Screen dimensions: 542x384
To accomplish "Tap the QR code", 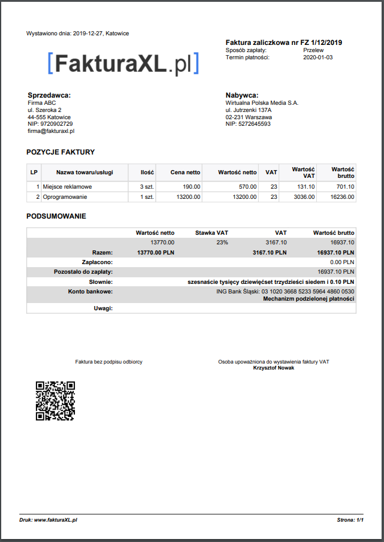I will point(55,401).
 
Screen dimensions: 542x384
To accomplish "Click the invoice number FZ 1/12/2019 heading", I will point(284,43).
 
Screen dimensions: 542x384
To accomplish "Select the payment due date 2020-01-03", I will point(318,57).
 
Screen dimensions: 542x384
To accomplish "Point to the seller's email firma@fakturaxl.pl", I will point(51,131).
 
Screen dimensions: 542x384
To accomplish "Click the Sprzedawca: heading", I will point(49,95).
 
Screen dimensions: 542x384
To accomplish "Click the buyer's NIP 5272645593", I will point(248,124).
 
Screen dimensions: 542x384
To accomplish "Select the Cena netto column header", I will point(185,172).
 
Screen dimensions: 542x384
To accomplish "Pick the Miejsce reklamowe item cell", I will point(67,187).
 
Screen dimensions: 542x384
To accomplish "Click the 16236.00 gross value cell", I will point(342,197).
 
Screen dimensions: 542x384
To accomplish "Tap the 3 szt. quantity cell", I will point(147,187).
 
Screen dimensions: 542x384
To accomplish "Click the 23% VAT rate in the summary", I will point(222,243).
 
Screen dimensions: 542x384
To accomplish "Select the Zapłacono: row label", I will point(98,262).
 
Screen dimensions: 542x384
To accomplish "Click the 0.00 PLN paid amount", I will point(342,262).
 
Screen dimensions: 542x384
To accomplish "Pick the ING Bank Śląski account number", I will point(285,292).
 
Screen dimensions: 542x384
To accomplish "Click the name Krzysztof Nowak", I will point(274,368).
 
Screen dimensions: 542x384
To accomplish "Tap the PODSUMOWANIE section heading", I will point(56,216).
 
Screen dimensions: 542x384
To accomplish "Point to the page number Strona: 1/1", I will point(350,520).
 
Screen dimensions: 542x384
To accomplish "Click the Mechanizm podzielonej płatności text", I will point(309,298).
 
